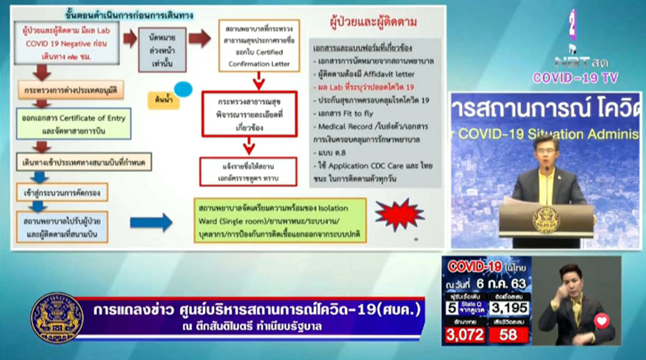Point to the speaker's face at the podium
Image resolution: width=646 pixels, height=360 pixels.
543,151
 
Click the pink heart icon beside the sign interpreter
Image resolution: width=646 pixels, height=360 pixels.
601,320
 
